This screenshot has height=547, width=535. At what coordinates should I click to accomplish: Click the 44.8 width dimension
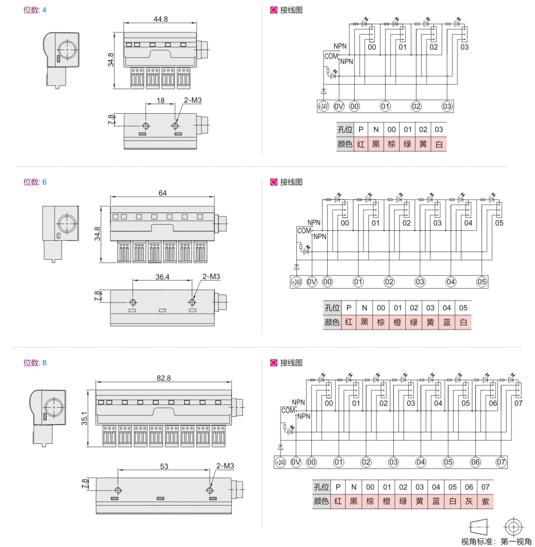(x=160, y=19)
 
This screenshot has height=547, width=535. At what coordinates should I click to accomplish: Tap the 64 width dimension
(x=162, y=193)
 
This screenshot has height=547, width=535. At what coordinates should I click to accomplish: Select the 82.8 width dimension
(x=164, y=378)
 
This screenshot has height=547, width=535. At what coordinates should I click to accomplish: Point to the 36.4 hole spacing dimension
(x=162, y=277)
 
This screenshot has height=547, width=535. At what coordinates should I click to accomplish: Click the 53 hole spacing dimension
(x=164, y=466)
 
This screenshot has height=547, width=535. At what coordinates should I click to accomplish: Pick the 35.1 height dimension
(x=84, y=418)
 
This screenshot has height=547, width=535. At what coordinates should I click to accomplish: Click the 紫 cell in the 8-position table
(x=485, y=501)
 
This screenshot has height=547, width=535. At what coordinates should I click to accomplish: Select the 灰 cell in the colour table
(x=469, y=501)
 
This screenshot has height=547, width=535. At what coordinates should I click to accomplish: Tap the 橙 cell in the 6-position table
(x=397, y=322)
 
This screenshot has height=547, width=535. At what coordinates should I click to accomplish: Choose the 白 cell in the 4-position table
(x=439, y=144)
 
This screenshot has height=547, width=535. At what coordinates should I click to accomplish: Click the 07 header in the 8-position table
(x=485, y=487)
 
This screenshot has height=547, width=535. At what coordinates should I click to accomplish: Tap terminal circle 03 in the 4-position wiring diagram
(x=447, y=106)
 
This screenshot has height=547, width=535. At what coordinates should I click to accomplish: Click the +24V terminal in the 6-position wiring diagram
(x=296, y=281)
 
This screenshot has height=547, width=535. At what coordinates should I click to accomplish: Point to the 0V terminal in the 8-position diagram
(x=296, y=462)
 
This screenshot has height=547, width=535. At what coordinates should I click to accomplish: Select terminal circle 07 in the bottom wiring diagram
(x=501, y=462)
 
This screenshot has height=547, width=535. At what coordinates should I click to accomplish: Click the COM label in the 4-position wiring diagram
(x=331, y=56)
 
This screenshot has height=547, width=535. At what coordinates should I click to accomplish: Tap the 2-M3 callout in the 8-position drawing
(x=225, y=466)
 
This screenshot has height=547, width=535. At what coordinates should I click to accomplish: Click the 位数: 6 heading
(x=35, y=182)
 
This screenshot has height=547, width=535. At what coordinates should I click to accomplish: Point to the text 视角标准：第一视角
(x=496, y=542)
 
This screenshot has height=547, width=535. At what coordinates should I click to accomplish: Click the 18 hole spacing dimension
(x=160, y=101)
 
